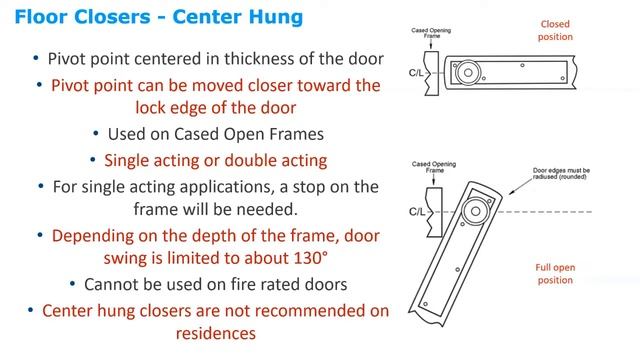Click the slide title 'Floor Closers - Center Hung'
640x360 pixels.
coord(159,17)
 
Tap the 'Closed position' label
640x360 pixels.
coord(555,31)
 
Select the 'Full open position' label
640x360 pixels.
coord(555,274)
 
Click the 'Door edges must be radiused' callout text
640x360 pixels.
coord(561,173)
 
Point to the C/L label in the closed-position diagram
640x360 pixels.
coord(416,73)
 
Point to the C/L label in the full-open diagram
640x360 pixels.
coord(417,212)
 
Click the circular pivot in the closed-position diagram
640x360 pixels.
coord(468,73)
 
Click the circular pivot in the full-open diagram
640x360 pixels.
coord(476,211)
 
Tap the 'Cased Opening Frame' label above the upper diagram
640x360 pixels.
coord(431,33)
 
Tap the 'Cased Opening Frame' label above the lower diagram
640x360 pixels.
coord(434,167)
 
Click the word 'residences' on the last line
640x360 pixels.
coord(216,333)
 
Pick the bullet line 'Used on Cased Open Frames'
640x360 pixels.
coord(216,134)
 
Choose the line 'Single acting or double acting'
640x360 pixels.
coord(216,160)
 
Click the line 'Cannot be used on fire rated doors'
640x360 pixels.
coord(216,284)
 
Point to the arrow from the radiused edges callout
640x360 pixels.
coord(520,186)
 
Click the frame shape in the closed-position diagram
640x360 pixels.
coord(431,73)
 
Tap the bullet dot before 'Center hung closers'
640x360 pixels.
coord(31,311)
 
